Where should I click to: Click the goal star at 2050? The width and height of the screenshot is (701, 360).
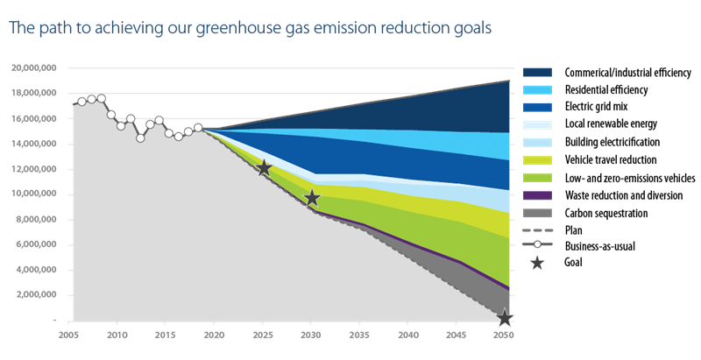(505, 319)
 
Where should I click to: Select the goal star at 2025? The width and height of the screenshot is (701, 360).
(265, 168)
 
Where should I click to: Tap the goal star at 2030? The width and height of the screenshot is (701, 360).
(312, 198)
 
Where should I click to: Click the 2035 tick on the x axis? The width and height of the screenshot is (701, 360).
(359, 323)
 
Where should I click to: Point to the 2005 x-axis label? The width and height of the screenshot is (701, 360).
(68, 335)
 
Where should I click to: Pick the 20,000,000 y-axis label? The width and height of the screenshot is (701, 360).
(34, 68)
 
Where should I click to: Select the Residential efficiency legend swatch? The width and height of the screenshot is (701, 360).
(537, 89)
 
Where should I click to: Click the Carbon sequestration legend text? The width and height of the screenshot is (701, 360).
(606, 214)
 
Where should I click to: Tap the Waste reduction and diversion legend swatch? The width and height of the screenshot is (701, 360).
(537, 195)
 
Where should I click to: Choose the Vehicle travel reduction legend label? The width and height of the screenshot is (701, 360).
(611, 160)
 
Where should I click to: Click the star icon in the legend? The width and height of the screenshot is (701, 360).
(537, 263)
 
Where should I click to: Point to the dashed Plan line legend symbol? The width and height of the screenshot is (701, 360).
(537, 230)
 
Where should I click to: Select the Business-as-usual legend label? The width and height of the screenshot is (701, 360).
(600, 246)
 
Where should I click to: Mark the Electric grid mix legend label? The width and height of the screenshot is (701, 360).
(597, 106)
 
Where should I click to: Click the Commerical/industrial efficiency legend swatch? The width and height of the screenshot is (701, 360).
(537, 73)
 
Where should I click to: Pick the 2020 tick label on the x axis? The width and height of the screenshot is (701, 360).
(214, 335)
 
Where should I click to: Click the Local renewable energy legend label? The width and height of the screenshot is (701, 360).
(611, 124)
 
